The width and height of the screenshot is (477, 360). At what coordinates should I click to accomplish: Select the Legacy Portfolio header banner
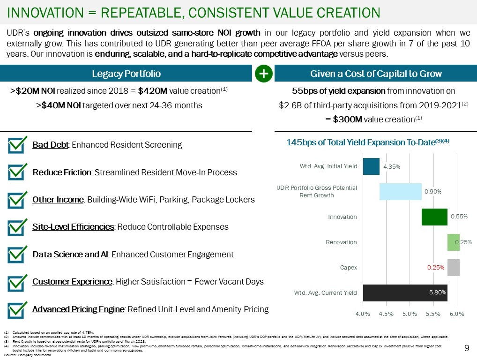coord(126,74)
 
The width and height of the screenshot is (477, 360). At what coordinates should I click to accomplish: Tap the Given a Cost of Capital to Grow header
coord(376,74)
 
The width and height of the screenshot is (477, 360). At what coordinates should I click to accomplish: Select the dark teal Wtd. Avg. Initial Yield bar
coord(371,166)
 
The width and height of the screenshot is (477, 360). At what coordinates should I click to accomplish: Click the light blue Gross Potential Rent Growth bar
coord(400,191)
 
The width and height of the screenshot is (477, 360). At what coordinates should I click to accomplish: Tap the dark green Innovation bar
coord(434,217)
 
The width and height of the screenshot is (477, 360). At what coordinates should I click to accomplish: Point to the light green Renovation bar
coord(453,242)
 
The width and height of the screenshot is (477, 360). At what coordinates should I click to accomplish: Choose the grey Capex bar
coord(453,268)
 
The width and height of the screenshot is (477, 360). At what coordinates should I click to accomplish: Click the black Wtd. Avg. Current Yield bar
coord(405,292)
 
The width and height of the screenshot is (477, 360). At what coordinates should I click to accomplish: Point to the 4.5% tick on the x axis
coord(386,314)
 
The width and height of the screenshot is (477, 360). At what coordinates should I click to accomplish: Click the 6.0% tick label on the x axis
coord(456,314)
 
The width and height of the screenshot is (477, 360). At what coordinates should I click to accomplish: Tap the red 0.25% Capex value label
coord(435,268)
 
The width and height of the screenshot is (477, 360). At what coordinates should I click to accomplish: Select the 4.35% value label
coord(391,166)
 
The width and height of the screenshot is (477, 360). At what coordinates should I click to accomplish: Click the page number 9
coord(466,348)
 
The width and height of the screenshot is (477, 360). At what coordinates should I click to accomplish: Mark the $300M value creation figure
coord(346,120)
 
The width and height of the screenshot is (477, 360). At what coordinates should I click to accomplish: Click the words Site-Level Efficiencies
coord(73,227)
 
